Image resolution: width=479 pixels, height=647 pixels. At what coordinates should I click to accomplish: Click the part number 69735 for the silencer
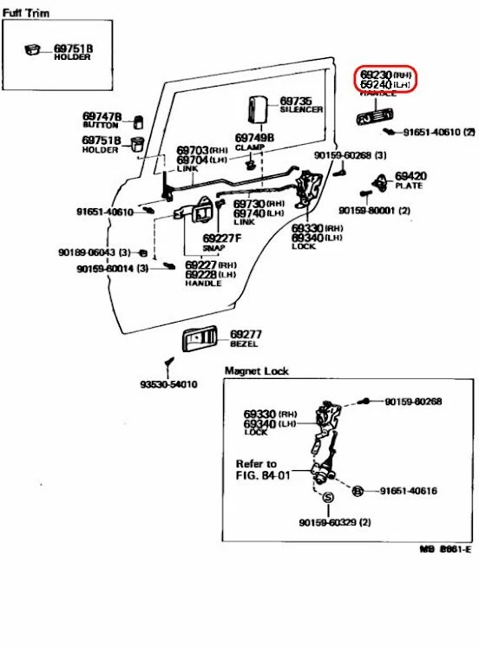[295, 101]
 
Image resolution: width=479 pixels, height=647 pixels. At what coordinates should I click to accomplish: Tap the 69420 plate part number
[410, 175]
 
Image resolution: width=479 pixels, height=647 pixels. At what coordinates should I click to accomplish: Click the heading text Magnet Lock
[256, 371]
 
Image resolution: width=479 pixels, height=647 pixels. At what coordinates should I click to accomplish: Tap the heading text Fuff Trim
[25, 14]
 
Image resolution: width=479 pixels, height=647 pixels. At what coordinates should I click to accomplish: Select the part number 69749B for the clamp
[254, 137]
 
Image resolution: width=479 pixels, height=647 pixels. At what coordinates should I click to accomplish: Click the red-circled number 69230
[377, 75]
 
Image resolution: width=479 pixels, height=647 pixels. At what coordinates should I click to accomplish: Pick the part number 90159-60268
[343, 155]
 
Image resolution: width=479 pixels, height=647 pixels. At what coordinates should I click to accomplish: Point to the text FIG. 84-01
[263, 475]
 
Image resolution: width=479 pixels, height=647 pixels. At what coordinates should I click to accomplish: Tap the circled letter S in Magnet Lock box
[328, 498]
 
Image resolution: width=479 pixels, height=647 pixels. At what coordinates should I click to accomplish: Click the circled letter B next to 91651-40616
[357, 491]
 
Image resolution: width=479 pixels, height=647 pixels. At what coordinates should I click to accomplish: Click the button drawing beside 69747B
[137, 120]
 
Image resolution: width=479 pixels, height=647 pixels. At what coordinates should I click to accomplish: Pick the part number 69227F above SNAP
[221, 239]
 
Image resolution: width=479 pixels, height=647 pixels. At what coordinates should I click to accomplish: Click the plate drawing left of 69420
[380, 183]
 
